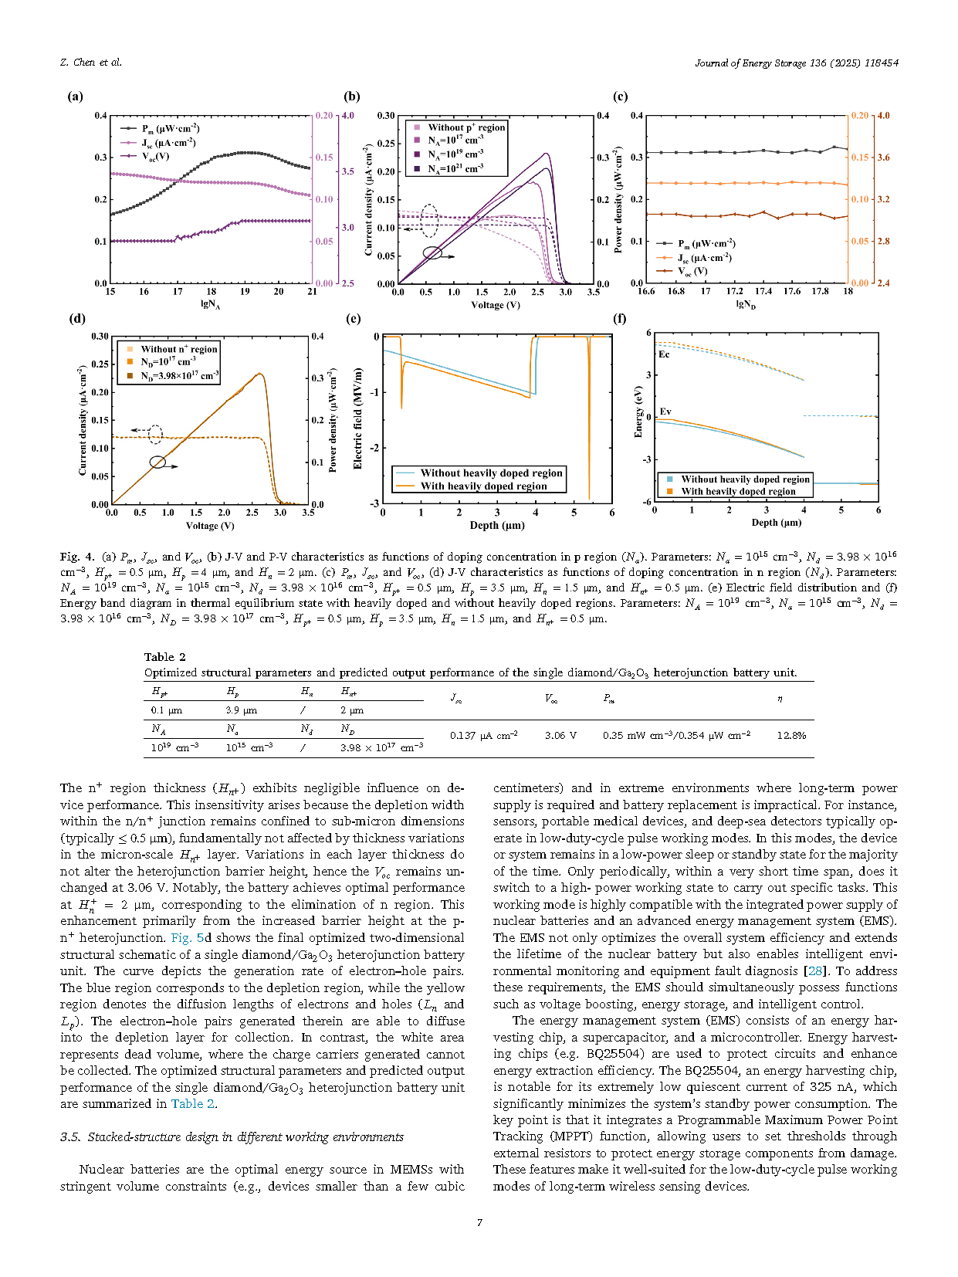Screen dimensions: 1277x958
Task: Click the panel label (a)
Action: [75, 97]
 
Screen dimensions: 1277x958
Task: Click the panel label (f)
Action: [619, 318]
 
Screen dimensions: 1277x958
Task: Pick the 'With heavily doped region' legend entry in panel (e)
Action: [482, 486]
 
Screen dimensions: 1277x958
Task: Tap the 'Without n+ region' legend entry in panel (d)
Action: [178, 349]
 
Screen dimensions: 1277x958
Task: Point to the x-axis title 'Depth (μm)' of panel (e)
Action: [497, 525]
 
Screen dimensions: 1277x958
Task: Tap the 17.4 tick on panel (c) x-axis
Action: [763, 291]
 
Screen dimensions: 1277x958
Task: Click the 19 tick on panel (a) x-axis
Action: [245, 291]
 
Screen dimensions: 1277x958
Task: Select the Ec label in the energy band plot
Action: [664, 354]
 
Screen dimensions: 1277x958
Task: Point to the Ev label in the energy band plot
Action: [665, 412]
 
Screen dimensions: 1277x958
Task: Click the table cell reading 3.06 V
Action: [560, 735]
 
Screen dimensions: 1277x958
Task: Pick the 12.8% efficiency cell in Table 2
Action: [791, 735]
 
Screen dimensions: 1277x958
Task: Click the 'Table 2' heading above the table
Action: [164, 657]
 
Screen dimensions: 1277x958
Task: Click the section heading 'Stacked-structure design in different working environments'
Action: [245, 1136]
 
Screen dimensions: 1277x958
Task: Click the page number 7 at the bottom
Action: [479, 1222]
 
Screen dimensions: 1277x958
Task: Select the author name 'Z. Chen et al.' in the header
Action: [90, 63]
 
